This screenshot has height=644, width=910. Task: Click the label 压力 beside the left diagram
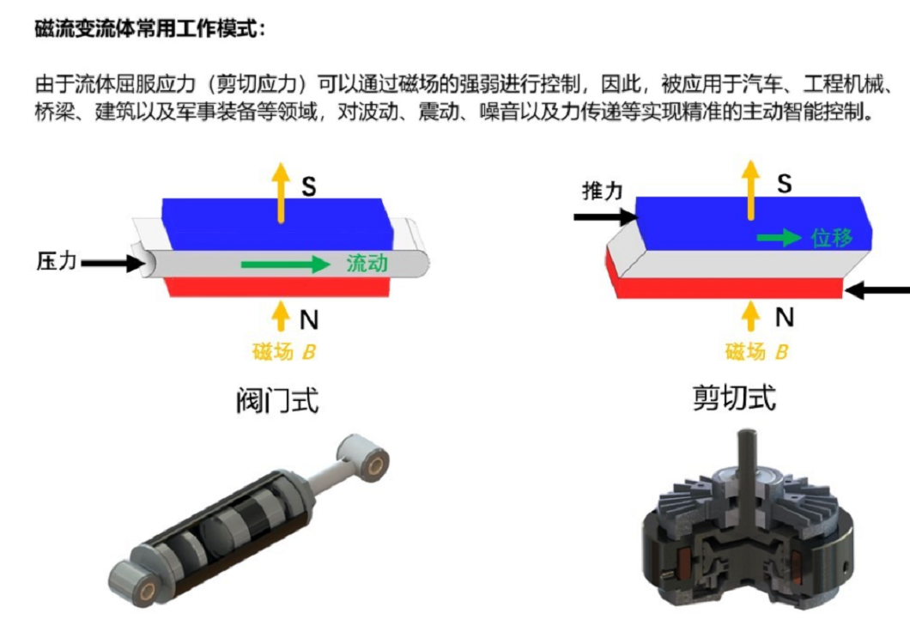[x=57, y=262]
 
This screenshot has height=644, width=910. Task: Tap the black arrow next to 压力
[x=112, y=264]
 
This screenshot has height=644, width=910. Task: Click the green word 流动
[x=367, y=264]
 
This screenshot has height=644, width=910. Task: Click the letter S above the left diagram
[x=310, y=186]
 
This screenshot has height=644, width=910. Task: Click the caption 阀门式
[x=277, y=401]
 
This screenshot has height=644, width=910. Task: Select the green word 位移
[x=832, y=238]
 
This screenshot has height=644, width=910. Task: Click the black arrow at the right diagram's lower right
[x=877, y=291]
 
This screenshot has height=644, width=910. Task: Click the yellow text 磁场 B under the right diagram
[x=756, y=351]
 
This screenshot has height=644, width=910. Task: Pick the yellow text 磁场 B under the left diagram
[x=284, y=351]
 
